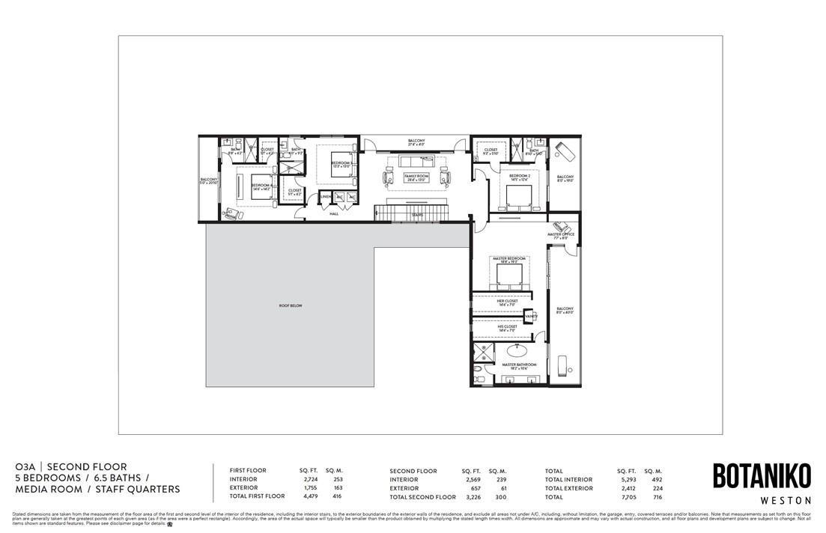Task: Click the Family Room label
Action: pos(415,177)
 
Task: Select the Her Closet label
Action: pos(508,301)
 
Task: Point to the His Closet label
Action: pos(508,326)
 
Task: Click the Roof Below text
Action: pos(291,306)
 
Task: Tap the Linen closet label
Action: pos(326,197)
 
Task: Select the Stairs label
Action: pos(417,215)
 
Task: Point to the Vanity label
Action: pos(531,317)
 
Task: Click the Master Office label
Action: pos(560,234)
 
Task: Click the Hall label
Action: pos(334,213)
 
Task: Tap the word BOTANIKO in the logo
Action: pos(761,476)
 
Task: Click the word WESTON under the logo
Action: pos(761,499)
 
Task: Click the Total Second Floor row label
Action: pos(422,496)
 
